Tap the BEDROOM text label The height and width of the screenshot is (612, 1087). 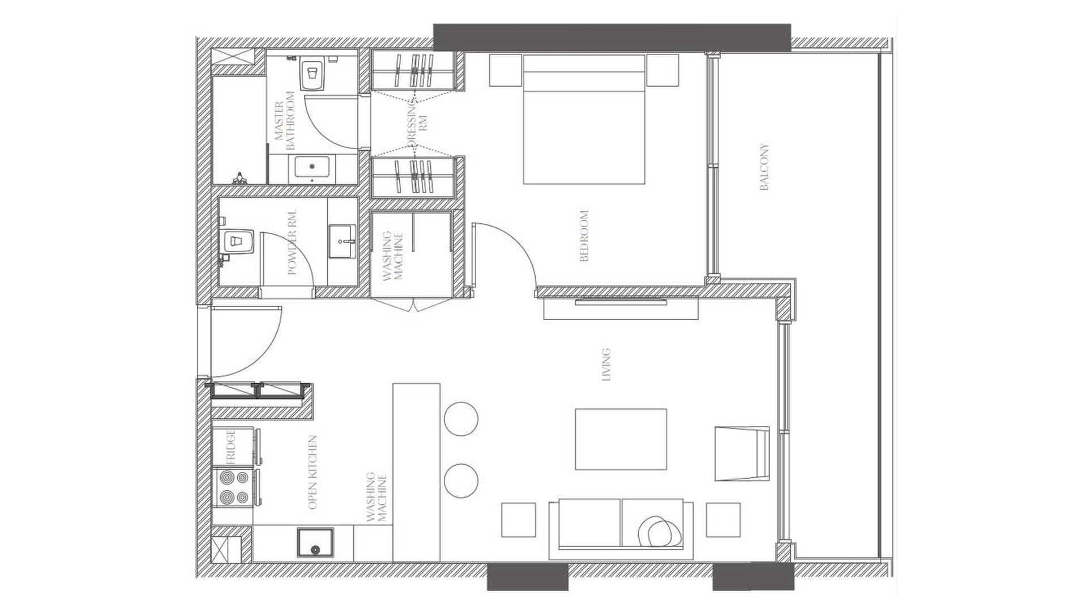584,236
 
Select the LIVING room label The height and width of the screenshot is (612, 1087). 606,364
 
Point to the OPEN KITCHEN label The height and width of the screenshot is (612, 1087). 312,472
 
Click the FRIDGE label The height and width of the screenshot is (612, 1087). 230,447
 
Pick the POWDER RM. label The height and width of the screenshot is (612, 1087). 292,242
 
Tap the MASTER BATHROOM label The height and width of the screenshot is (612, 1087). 285,121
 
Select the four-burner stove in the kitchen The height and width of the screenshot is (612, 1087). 233,487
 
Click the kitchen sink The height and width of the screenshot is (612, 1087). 315,542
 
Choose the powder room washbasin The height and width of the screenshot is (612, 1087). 343,241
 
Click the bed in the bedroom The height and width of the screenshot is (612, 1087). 584,119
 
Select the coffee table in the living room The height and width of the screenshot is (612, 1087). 621,439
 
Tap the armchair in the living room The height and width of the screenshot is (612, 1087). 742,454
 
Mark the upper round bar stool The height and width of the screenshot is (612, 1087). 461,419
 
